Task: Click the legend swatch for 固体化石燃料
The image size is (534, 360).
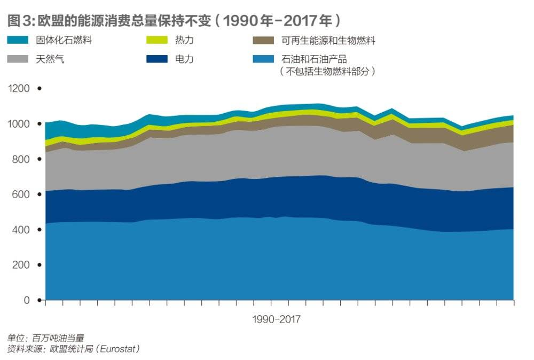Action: click(21, 41)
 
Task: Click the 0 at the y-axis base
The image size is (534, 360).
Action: click(27, 300)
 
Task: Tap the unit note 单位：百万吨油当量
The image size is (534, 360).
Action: click(45, 338)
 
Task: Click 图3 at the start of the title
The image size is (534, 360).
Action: click(20, 21)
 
